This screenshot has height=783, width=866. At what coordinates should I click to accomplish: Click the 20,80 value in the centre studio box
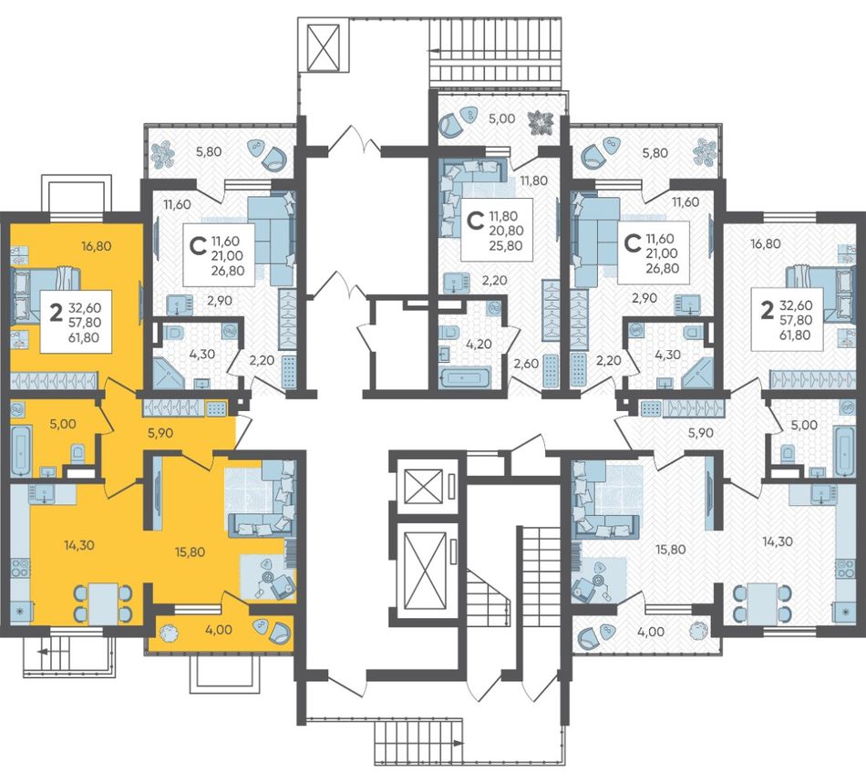506,231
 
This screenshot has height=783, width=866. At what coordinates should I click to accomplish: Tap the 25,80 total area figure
506,246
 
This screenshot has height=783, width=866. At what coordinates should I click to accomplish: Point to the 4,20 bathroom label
479,344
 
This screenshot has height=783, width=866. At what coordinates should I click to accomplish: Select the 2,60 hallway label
526,363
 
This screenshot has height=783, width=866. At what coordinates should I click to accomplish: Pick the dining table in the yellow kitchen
103,603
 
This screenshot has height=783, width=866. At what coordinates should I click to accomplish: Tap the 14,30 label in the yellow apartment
79,545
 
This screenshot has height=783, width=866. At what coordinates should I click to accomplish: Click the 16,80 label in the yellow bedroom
96,246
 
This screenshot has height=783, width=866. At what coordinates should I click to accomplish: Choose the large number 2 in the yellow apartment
56,313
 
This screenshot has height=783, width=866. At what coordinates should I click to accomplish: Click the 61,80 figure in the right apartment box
795,335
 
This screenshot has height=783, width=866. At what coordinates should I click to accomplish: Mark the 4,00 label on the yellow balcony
219,629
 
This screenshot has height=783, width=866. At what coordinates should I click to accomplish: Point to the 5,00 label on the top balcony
502,118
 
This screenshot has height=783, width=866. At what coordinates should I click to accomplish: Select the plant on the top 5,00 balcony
540,122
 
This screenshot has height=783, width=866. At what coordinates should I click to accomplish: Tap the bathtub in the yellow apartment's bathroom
21,450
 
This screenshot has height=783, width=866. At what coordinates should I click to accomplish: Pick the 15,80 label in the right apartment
670,550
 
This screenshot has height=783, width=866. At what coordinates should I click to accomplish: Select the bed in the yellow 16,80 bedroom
45,294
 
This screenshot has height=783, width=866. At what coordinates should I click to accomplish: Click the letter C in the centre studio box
474,221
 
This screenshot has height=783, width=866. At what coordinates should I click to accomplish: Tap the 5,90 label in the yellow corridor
160,433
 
